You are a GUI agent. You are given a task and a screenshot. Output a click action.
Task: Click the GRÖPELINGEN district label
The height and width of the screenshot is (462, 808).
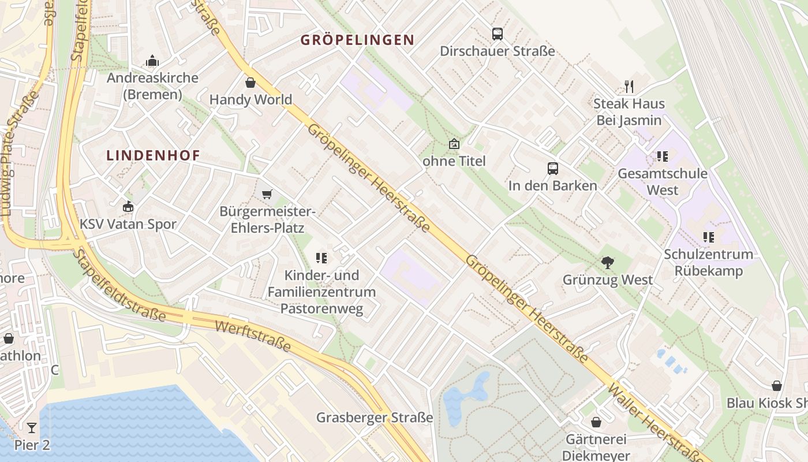tap(358, 40)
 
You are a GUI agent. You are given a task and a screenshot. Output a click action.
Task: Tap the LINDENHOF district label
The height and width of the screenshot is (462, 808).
tap(154, 155)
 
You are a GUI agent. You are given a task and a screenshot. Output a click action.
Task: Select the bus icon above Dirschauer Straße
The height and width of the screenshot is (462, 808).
tap(497, 34)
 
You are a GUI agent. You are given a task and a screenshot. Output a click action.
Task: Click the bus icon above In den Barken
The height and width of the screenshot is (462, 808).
tap(553, 169)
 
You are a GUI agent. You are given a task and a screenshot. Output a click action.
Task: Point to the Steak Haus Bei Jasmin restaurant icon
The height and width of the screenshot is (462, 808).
tap(629, 87)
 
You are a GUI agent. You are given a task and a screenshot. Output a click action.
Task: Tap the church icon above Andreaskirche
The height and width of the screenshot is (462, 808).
tap(152, 61)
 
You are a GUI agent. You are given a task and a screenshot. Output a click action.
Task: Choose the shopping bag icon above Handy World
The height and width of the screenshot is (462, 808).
tap(250, 83)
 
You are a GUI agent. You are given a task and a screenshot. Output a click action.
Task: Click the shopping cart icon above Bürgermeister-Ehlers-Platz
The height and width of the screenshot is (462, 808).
tap(267, 194)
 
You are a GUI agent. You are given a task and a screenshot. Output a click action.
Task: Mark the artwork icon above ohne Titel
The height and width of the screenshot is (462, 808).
tap(454, 144)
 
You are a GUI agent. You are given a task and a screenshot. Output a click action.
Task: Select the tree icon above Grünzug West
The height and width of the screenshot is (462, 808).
tap(607, 263)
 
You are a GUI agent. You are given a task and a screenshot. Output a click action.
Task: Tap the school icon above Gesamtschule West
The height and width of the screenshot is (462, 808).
tap(662, 157)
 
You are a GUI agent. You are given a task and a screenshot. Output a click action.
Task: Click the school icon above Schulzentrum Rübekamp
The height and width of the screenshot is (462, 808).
tap(708, 237)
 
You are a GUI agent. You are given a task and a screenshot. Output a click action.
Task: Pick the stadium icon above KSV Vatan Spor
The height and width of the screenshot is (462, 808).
tap(128, 207)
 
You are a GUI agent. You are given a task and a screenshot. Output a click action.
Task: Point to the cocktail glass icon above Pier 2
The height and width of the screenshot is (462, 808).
tap(32, 428)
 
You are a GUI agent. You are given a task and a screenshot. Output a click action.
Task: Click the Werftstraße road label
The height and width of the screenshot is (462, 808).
tap(252, 336)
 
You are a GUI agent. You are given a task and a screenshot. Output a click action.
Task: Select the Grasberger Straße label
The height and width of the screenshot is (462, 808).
tap(375, 418)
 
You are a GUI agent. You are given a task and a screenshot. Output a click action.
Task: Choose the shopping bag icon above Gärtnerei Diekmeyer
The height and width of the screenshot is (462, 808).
tap(596, 423)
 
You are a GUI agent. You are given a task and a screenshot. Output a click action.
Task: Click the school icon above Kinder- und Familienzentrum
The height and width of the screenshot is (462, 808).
tap(321, 258)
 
